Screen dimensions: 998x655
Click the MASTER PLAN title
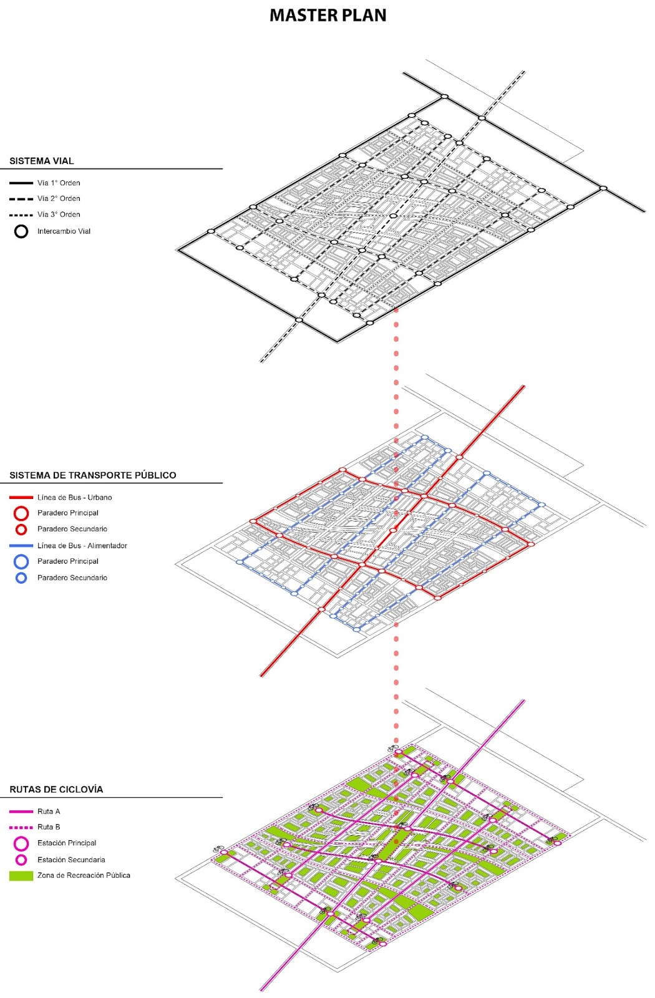point(327,16)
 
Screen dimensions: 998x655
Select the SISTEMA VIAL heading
point(42,161)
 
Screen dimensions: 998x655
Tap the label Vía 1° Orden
point(59,183)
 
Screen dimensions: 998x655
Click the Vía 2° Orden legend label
point(59,198)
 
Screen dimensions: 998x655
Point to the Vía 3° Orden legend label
point(59,215)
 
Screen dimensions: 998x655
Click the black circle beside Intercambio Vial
point(21,231)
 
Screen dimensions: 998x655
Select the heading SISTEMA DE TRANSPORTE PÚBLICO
point(92,475)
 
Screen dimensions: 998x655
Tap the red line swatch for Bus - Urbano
point(21,498)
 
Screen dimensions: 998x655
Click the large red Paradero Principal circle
point(21,513)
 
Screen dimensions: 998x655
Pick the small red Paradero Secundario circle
point(21,530)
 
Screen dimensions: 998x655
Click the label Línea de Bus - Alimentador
point(82,546)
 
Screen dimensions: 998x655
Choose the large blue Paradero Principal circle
point(21,561)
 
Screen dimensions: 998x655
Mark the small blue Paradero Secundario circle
point(21,578)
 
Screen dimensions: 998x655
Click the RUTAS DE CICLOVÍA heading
point(56,790)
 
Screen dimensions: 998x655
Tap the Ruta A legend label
point(49,811)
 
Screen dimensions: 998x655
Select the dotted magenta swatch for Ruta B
point(21,827)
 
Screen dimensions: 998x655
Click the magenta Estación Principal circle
point(21,843)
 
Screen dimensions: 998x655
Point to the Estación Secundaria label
point(71,860)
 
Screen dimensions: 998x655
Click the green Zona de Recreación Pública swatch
point(21,876)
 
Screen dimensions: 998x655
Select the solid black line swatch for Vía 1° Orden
point(21,183)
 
